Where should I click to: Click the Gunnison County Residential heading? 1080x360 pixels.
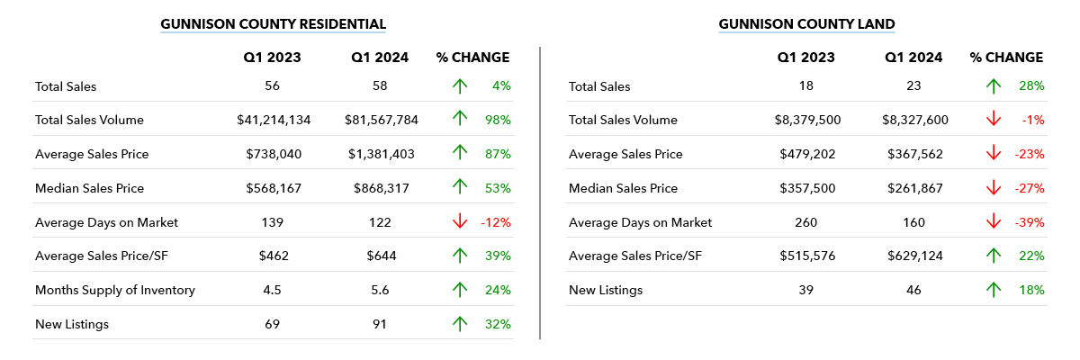pos(273,23)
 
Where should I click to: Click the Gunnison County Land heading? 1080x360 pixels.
pos(806,23)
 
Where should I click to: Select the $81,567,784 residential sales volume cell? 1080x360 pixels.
pos(380,120)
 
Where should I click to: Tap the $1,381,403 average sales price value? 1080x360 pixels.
pos(381,154)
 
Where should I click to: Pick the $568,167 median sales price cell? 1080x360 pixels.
pos(273,188)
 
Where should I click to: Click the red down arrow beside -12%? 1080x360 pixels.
pos(460,222)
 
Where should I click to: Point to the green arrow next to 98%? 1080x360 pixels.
pos(460,120)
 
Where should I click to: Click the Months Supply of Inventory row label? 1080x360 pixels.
pos(114,290)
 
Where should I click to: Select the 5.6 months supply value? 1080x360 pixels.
pos(380,290)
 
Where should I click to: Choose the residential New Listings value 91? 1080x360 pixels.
pos(380,324)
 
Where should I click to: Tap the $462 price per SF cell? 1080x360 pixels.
pos(273,256)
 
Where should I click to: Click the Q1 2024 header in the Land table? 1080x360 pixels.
pos(913,58)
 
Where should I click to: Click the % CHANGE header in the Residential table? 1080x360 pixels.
pos(472,58)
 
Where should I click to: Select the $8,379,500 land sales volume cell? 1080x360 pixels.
pos(806,120)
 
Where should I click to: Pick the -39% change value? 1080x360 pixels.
pos(1030,222)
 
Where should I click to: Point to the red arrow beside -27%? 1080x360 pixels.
pos(994,188)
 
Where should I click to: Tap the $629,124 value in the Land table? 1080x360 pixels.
pos(913,256)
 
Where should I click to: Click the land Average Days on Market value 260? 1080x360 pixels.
pos(806,222)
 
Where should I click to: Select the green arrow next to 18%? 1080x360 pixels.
pos(994,290)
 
